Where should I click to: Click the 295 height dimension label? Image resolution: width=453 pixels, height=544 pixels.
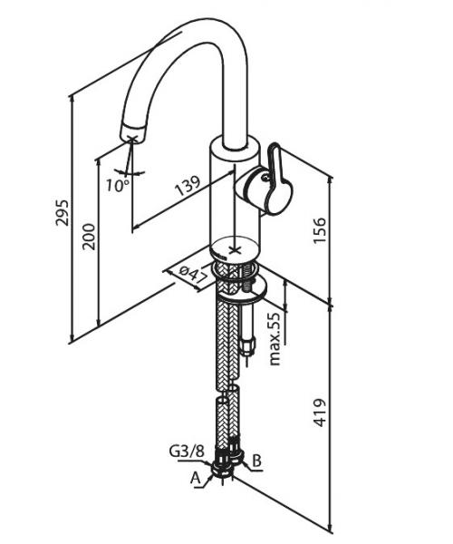63,212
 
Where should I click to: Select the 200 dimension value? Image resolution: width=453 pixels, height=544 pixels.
89,237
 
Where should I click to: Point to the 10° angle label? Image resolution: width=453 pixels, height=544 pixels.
118,185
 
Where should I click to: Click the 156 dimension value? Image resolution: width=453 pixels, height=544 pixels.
319,230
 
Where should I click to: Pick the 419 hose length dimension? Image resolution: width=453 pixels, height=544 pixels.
319,413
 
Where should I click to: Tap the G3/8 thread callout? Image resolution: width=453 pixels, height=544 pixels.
187,452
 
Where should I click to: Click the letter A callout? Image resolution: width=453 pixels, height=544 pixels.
196,479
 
